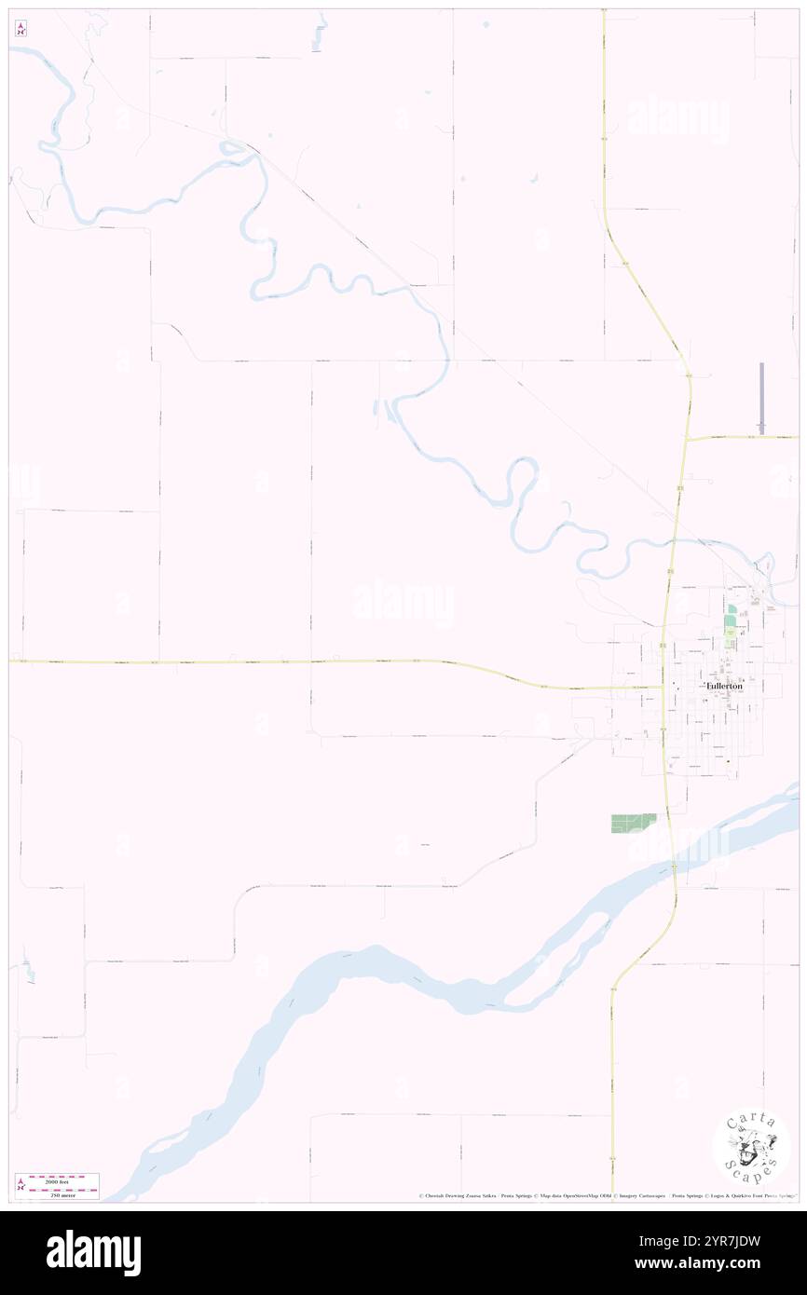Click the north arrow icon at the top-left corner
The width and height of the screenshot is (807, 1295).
[21, 29]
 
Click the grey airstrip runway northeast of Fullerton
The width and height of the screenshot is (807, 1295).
[761, 398]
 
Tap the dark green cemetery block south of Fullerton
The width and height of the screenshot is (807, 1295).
[633, 823]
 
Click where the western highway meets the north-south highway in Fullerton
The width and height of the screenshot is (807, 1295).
[663, 688]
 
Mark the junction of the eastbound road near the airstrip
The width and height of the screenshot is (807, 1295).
[687, 438]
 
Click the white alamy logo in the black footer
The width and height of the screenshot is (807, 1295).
[93, 1252]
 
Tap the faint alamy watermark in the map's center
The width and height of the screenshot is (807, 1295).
[403, 603]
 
